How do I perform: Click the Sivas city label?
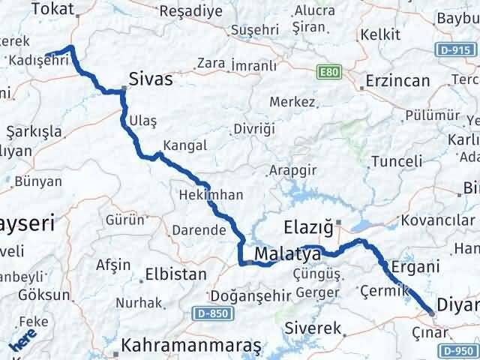coord(151,79)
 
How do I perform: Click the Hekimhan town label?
coord(211,195)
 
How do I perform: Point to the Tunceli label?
coord(393,161)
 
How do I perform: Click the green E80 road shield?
coord(324,73)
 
